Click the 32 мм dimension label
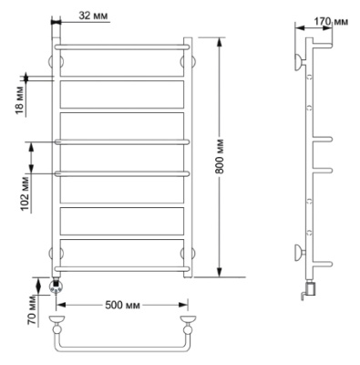[x=93, y=16]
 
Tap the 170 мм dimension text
[x=331, y=22]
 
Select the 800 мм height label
[x=220, y=157]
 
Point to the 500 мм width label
[x=122, y=305]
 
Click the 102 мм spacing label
[x=25, y=193]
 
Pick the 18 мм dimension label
[x=19, y=100]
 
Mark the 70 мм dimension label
[x=33, y=310]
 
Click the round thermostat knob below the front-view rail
[x=57, y=287]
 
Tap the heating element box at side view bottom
[x=311, y=288]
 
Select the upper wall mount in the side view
[x=300, y=62]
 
